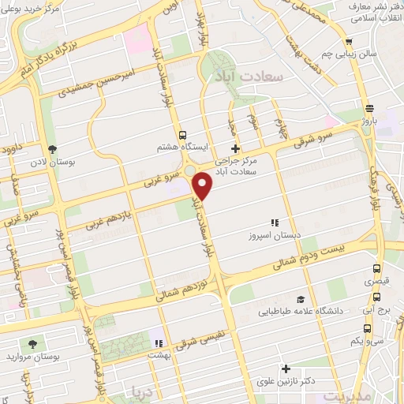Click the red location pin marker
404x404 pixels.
point(204,186)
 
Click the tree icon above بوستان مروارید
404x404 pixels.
point(32,343)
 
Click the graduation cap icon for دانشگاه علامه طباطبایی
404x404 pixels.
point(301,299)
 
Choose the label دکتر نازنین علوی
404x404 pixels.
point(286,380)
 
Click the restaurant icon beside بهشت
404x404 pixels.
point(157,343)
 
